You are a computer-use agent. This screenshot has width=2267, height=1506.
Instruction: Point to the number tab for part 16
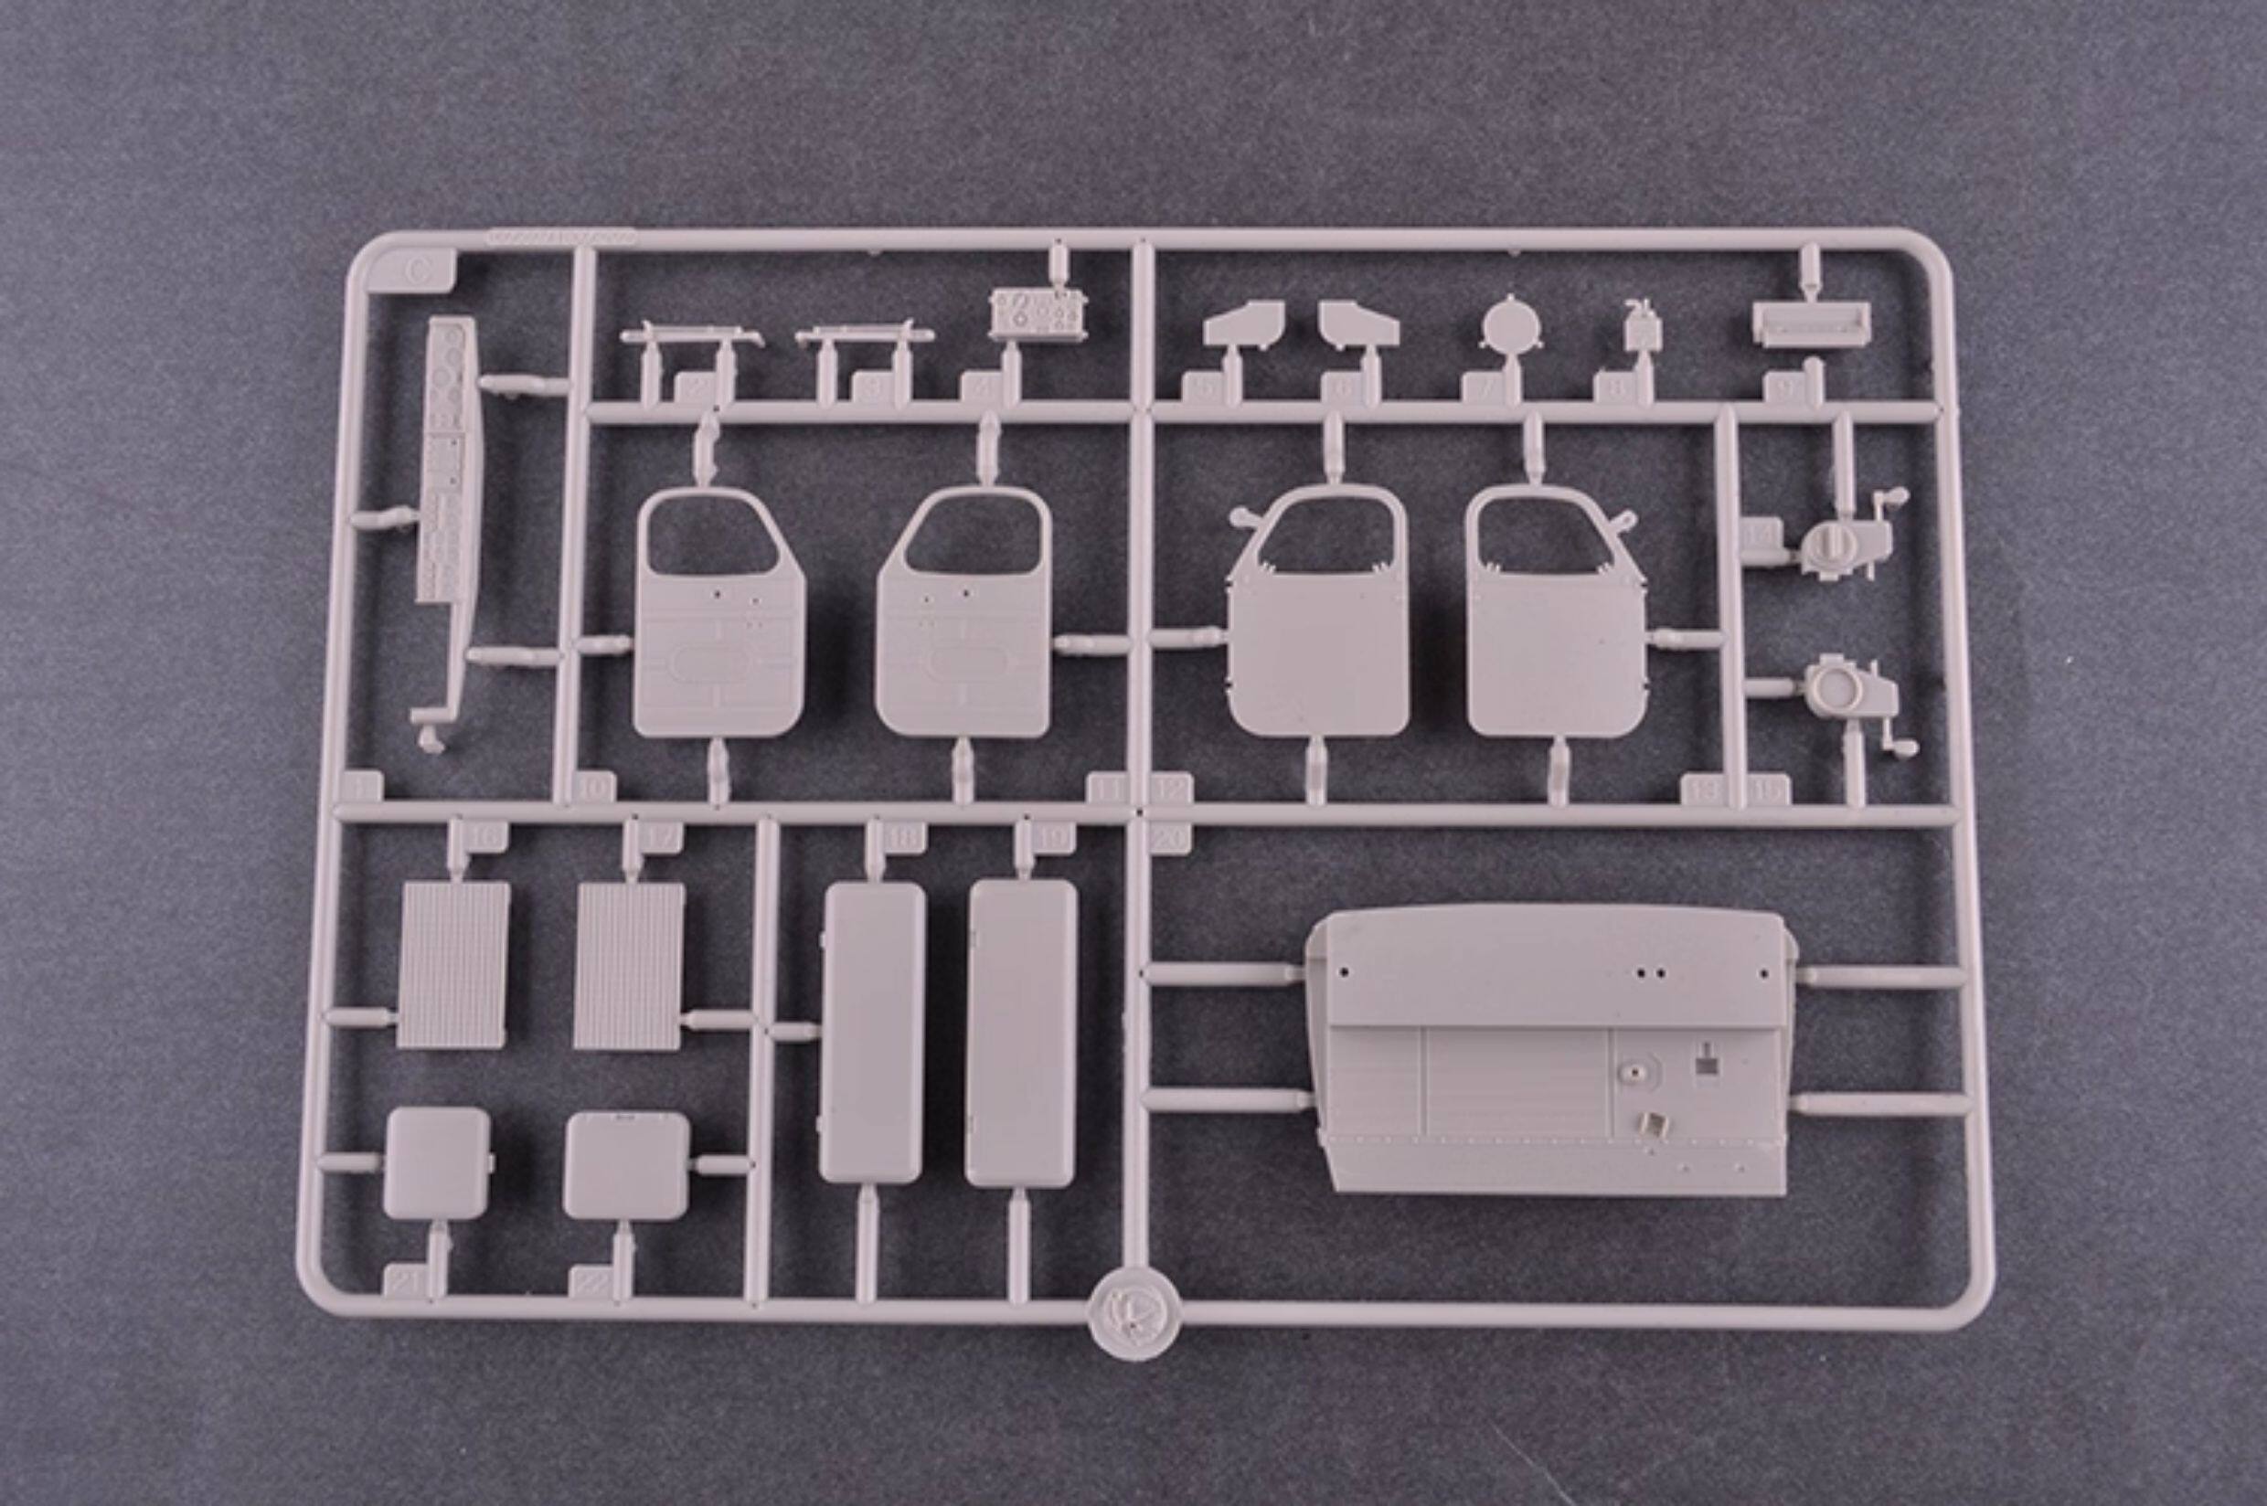(x=486, y=836)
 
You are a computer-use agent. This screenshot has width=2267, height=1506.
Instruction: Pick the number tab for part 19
(x=1054, y=836)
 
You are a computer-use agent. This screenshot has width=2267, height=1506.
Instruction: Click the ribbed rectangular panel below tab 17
(x=629, y=965)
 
